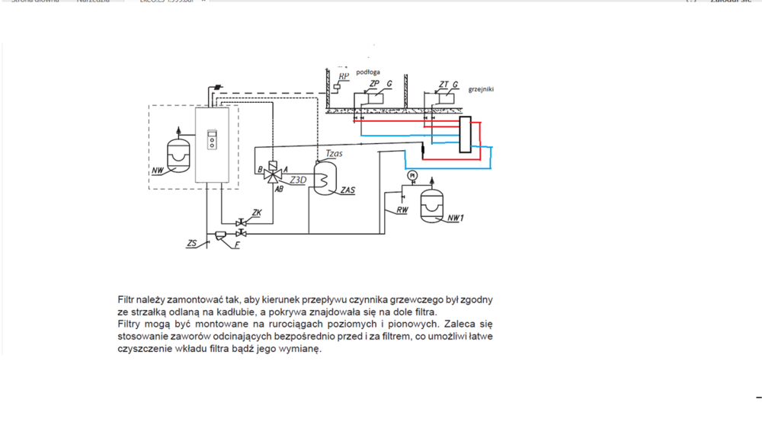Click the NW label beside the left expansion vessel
158,171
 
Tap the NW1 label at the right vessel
456,219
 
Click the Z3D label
298,180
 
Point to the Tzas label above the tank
334,154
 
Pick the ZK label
257,213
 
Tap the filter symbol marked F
222,235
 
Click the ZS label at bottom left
192,244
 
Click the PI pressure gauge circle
412,176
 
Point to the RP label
344,77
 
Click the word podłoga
368,72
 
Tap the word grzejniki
481,89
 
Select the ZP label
374,84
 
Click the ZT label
443,85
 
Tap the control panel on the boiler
213,142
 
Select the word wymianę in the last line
302,350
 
